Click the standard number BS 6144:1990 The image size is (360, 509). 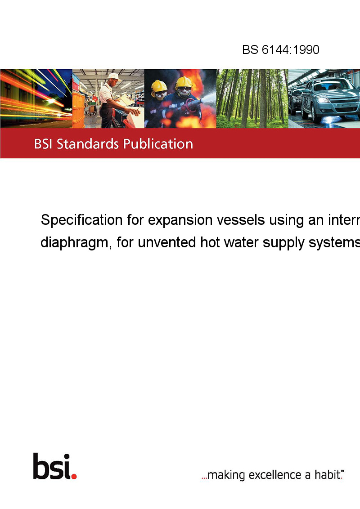pyautogui.click(x=281, y=49)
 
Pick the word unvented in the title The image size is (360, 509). pyautogui.click(x=167, y=242)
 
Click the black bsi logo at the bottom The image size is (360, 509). pyautogui.click(x=52, y=466)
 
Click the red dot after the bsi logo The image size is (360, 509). pyautogui.click(x=74, y=476)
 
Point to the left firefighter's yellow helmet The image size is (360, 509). pyautogui.click(x=159, y=86)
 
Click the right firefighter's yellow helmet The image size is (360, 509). pyautogui.click(x=184, y=82)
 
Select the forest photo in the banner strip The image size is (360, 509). pyautogui.click(x=252, y=98)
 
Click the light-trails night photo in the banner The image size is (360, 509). pyautogui.click(x=36, y=98)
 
